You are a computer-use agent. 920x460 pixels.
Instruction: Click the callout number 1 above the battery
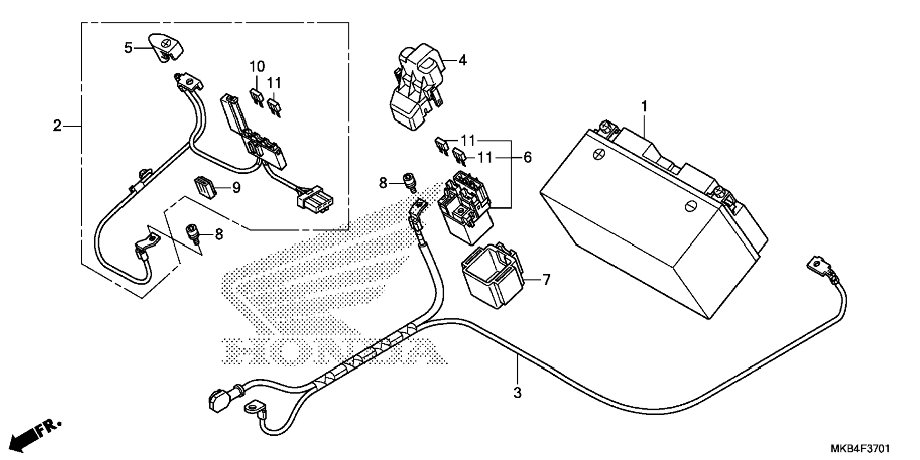pos(645,107)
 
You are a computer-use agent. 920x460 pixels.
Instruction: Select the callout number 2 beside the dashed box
pos(57,126)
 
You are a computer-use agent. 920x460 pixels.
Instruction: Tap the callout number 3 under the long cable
pos(518,393)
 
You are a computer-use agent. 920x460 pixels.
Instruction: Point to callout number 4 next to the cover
pos(462,60)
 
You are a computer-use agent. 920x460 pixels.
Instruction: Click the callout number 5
pos(128,48)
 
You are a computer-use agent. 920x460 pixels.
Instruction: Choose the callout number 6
pos(527,157)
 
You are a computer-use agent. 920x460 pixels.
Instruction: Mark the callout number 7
pos(546,280)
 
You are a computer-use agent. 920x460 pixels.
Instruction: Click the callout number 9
pos(236,188)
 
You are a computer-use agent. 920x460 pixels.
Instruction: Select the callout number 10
pos(257,66)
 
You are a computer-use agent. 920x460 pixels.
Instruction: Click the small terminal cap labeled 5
pos(167,47)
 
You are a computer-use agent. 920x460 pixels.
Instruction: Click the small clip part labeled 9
pos(205,187)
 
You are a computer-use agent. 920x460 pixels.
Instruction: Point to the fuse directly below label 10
pos(257,97)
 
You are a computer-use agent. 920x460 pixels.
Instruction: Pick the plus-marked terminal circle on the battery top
pos(597,154)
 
